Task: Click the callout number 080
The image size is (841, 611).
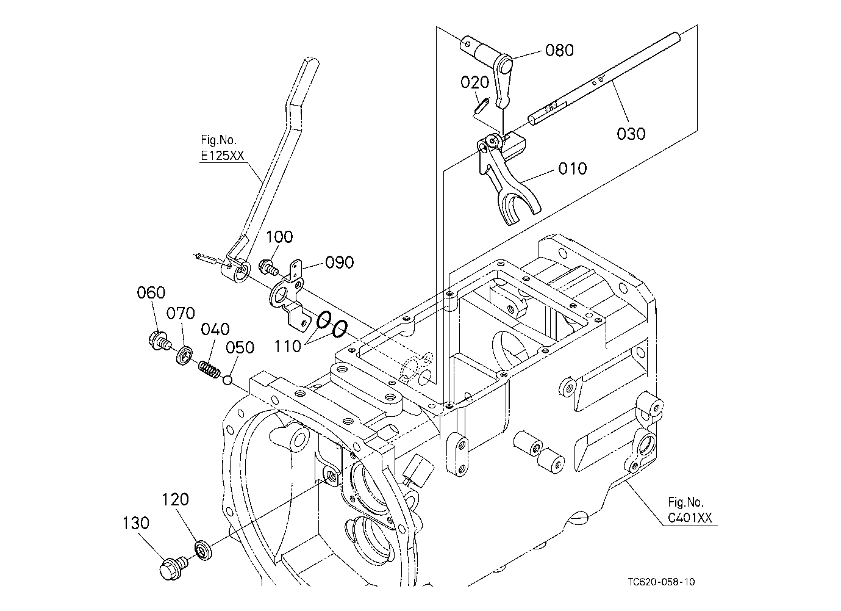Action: [559, 50]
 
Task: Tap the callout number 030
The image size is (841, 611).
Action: [631, 134]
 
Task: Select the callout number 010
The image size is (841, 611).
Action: [572, 168]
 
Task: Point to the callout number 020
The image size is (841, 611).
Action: [474, 82]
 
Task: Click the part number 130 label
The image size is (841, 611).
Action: [136, 522]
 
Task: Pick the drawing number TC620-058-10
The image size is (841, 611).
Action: [661, 582]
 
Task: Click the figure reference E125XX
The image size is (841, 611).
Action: [222, 155]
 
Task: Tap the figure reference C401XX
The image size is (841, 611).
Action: [690, 518]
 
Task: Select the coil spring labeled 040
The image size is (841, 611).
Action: [209, 369]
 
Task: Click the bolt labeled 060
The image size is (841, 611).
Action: [159, 340]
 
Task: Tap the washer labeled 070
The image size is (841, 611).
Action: [184, 355]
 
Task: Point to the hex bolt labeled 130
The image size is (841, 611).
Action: [173, 568]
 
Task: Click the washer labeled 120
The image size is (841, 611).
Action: [204, 551]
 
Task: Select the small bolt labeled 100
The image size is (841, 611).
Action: [268, 267]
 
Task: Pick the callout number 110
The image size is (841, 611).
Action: [288, 346]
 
